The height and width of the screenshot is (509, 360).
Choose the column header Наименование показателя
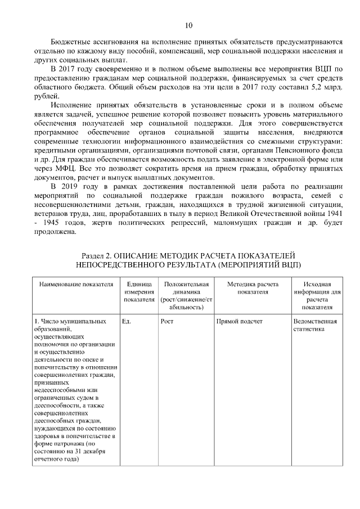click(72, 284)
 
